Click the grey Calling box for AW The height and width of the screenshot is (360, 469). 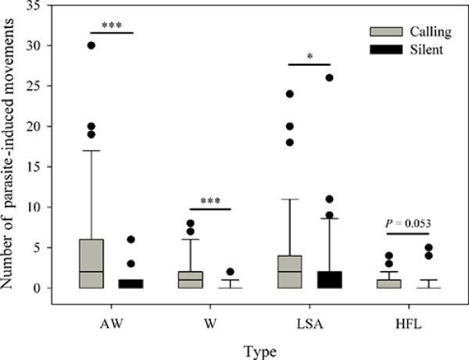[91, 264]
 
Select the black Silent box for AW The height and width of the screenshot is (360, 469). [131, 283]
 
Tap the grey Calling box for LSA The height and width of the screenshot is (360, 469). [290, 272]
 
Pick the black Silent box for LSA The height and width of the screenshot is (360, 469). [329, 280]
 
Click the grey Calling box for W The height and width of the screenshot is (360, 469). [190, 280]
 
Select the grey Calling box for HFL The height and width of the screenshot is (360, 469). [388, 283]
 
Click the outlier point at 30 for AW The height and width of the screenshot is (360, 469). [91, 45]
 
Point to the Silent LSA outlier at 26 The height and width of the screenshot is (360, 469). [329, 77]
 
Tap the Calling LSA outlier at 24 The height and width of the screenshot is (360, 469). [290, 94]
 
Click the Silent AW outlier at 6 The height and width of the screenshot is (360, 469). [131, 240]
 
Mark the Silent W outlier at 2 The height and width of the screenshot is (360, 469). [229, 272]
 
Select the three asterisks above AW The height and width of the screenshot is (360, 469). [112, 25]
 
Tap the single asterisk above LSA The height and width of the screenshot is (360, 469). [310, 56]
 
